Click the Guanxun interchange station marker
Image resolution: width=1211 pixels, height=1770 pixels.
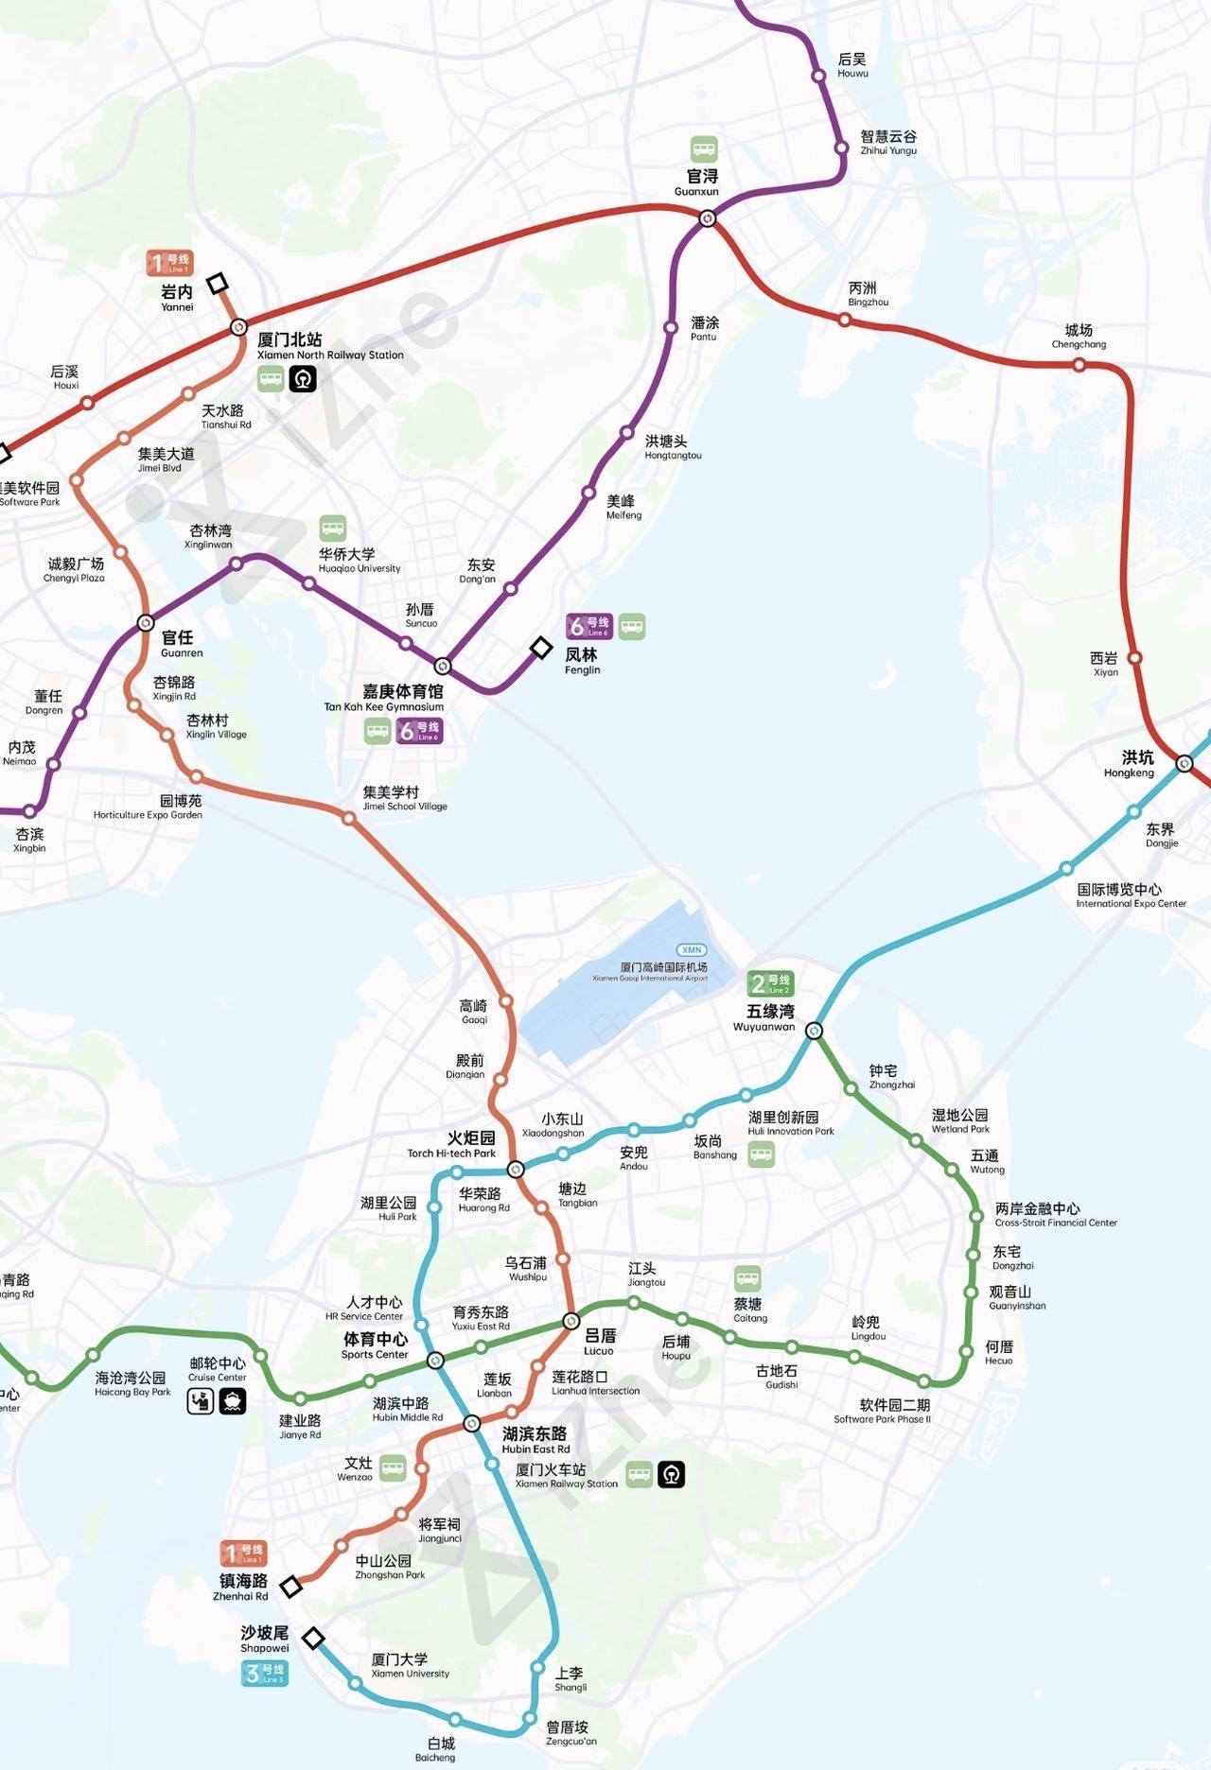pos(707,219)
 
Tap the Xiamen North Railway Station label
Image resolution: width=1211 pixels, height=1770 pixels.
pos(329,346)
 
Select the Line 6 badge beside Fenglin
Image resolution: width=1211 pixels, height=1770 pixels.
pos(589,626)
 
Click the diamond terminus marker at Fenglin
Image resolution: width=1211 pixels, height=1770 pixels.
pos(540,648)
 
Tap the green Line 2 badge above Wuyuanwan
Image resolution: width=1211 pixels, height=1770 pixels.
pos(770,983)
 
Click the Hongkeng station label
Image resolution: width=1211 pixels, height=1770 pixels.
pos(1130,764)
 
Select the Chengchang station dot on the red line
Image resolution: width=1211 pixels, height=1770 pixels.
pos(1079,365)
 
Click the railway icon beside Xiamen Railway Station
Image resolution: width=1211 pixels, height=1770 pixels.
pos(671,1474)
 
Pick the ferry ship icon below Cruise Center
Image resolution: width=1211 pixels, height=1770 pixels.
pos(233,1401)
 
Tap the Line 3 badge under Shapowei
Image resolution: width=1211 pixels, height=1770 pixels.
pos(264,1673)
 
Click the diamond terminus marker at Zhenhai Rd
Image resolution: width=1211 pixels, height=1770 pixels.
pos(291,1587)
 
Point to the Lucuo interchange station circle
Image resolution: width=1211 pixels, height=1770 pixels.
pos(570,1321)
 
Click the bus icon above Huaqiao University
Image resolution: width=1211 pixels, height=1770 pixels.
pos(332,528)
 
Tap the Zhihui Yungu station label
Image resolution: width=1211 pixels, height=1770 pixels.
pos(887,142)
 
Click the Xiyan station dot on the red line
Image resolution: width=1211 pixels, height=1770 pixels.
pos(1134,658)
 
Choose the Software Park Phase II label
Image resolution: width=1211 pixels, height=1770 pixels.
pos(882,1411)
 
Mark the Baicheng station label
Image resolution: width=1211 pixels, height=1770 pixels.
pos(436,1749)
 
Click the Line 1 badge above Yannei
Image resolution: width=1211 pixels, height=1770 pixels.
pos(169,263)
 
